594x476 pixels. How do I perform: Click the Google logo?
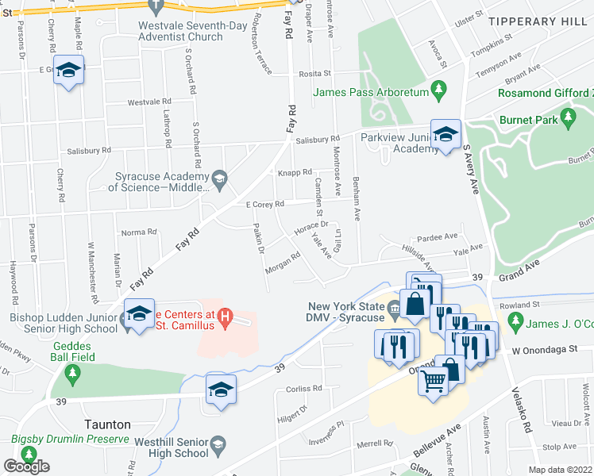(x=26, y=466)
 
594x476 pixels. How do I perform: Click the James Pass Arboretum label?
(x=370, y=93)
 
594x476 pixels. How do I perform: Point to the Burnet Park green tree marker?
(x=567, y=120)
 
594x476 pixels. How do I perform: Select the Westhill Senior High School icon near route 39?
(x=220, y=389)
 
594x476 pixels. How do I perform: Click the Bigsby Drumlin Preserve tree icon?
(x=30, y=455)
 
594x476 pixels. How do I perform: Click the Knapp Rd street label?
(x=294, y=172)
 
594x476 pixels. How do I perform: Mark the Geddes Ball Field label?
(x=75, y=351)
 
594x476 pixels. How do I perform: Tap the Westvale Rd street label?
(x=149, y=102)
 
